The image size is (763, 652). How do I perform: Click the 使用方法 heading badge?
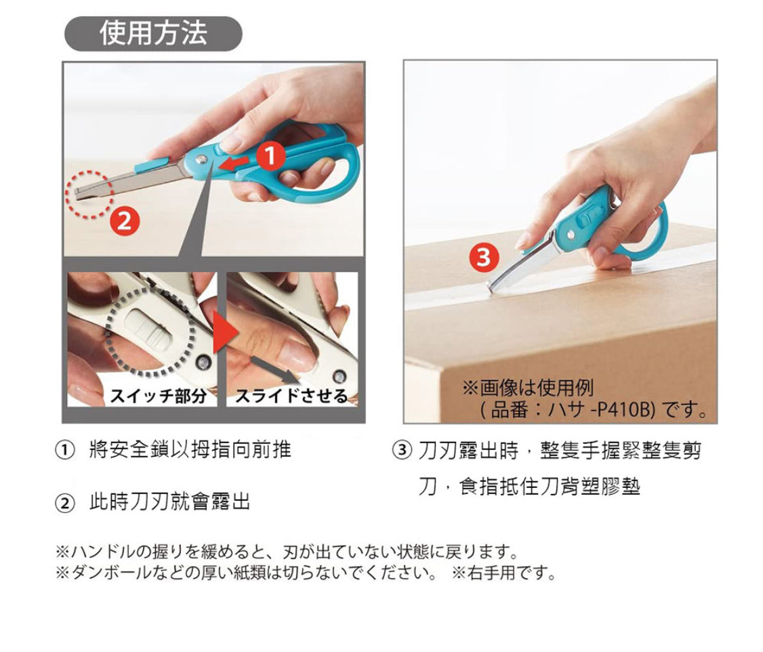153,34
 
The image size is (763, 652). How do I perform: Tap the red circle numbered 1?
270,156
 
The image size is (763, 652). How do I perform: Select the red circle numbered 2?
125,222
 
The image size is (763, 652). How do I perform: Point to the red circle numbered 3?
484,258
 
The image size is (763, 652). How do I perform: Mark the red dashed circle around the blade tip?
89,194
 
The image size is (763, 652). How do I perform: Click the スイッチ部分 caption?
159,396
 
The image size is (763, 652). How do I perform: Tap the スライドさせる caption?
291,396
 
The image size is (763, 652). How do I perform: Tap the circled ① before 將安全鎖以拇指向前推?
65,450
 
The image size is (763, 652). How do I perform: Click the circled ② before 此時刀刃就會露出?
65,503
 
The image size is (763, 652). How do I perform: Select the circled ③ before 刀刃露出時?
402,450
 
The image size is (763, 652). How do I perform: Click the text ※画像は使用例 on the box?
528,388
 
